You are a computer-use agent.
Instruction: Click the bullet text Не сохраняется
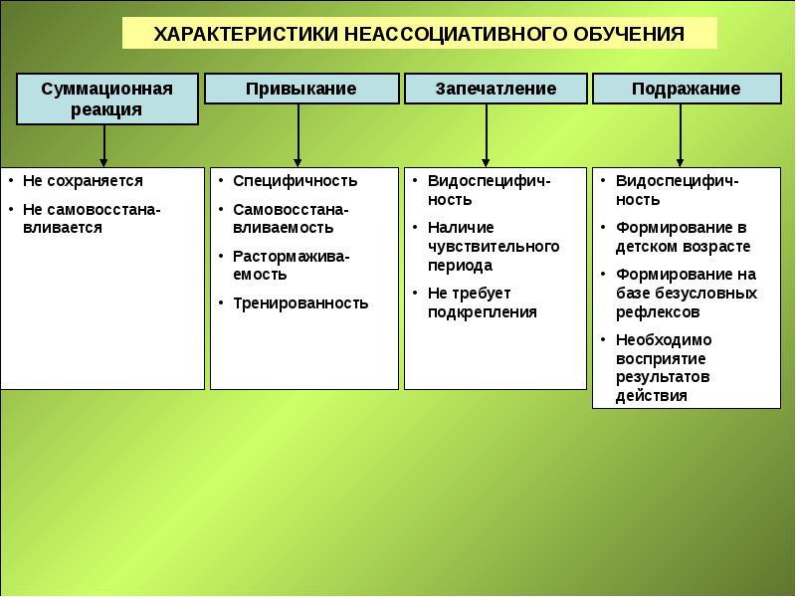83,181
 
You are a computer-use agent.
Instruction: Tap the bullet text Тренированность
299,303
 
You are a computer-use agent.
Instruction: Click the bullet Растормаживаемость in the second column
291,265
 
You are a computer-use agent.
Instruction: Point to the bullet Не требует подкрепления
482,302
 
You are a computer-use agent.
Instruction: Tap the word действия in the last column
652,395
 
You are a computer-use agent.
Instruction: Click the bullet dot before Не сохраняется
9,181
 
